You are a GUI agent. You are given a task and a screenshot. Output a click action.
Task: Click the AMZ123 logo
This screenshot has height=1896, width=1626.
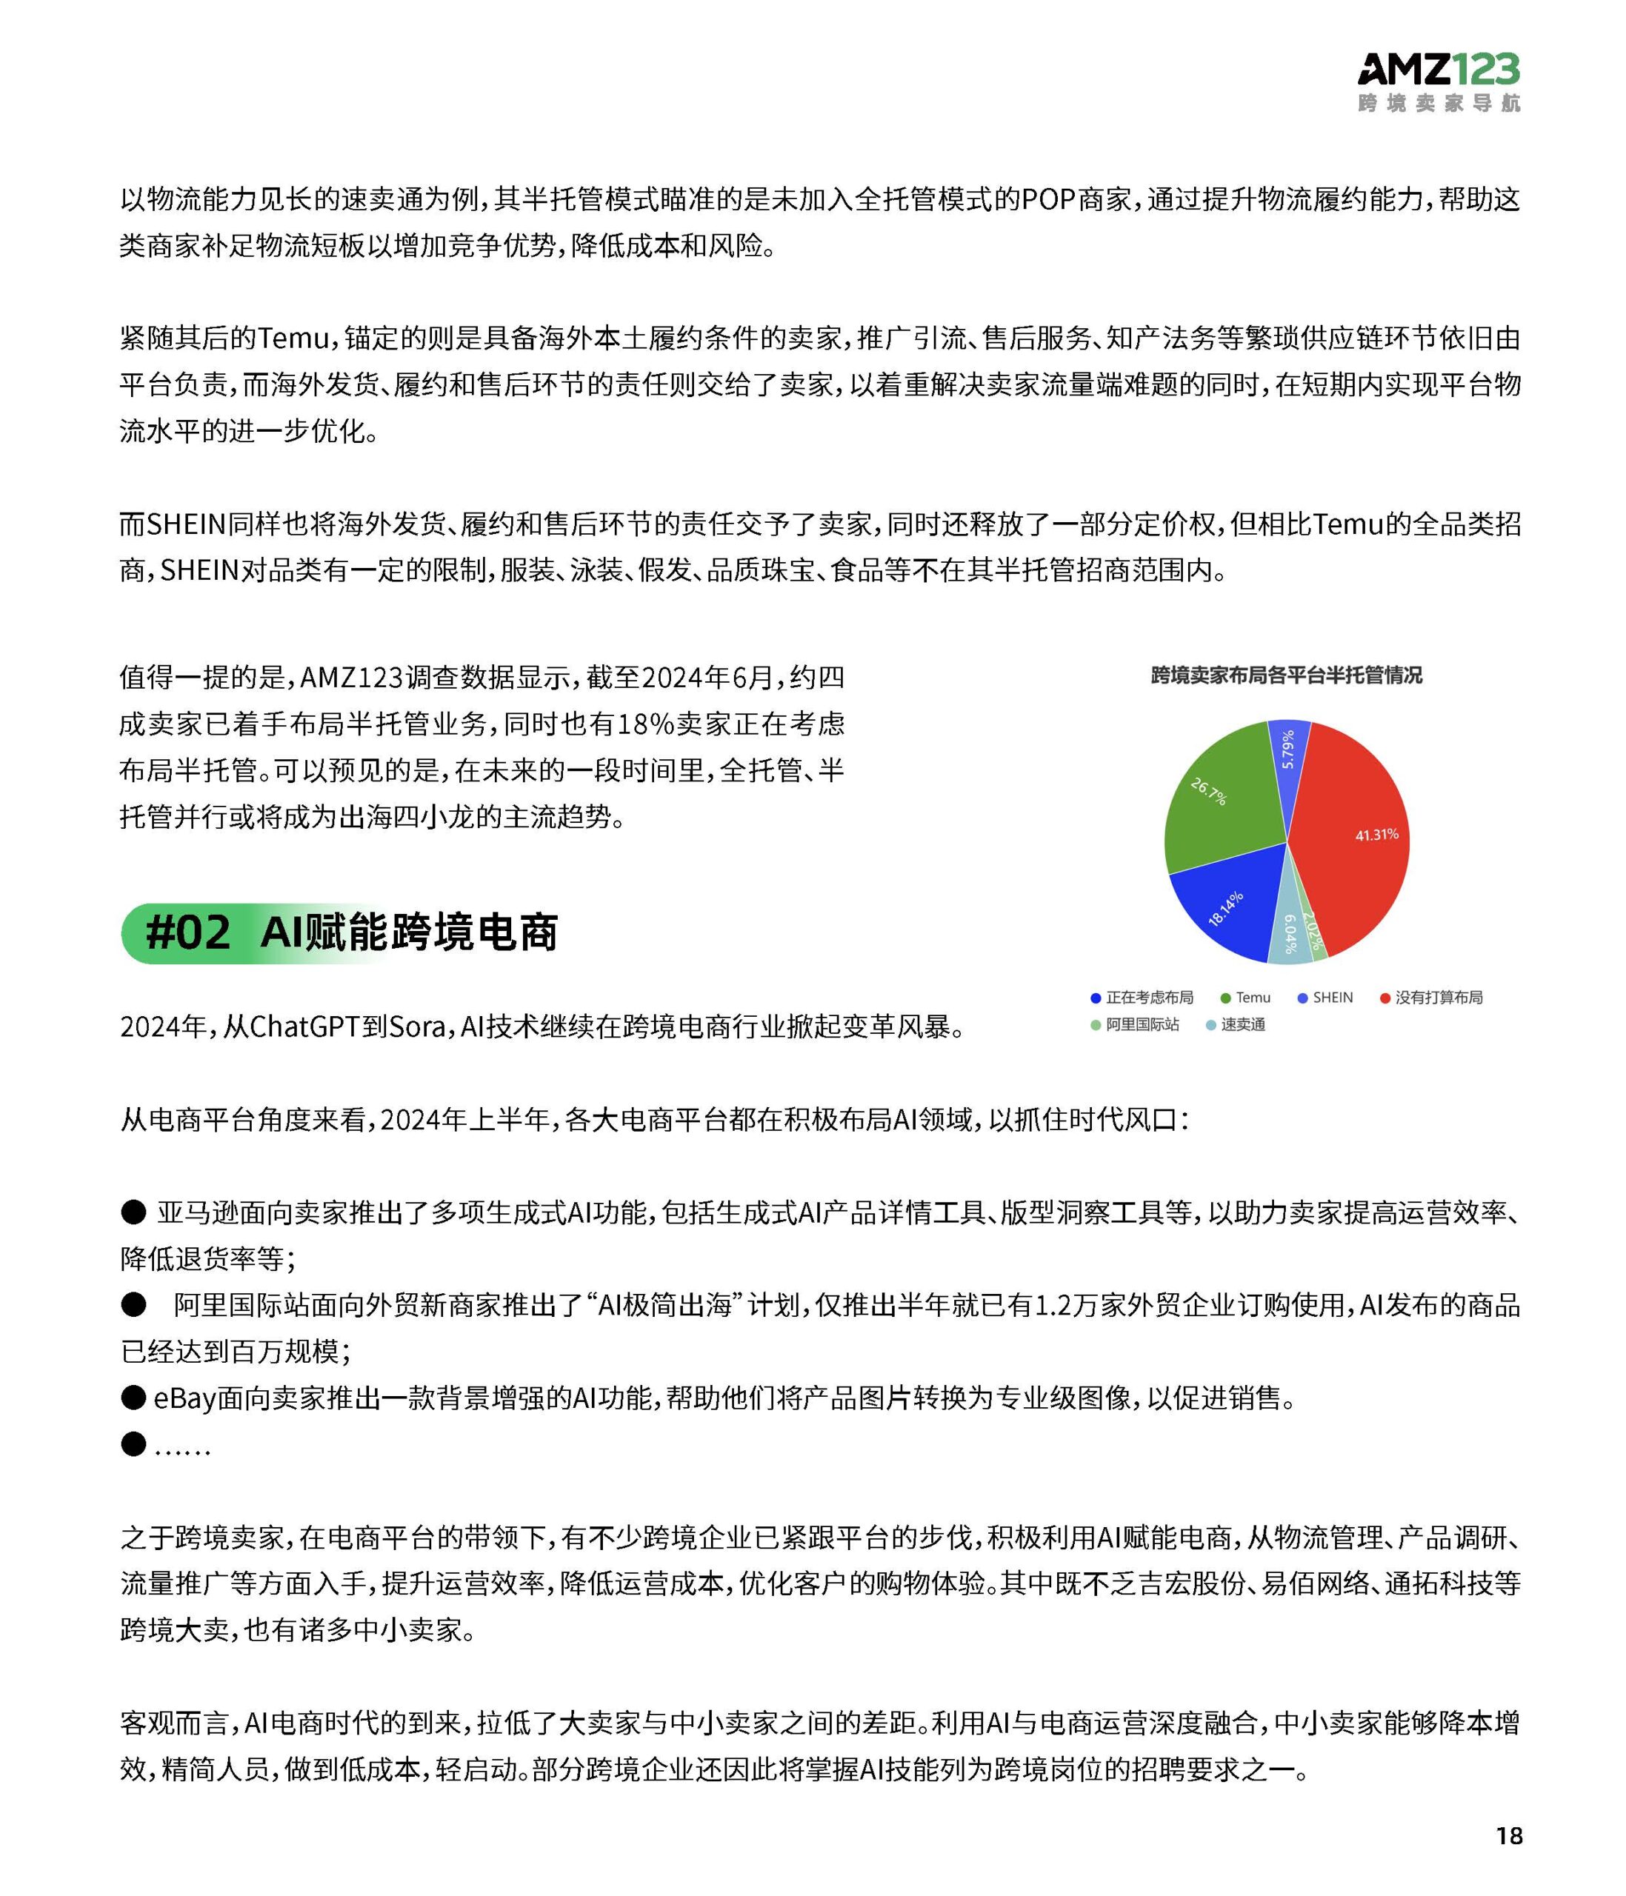(1439, 81)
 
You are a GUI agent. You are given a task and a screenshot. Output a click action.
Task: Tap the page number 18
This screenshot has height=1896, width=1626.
(1509, 1835)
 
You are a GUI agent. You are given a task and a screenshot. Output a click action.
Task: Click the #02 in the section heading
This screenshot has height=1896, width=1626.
(188, 932)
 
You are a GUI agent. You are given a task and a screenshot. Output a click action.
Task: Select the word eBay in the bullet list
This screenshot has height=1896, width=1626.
(185, 1398)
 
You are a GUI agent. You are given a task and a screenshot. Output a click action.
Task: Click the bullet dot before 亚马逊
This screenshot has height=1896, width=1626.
(133, 1213)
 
